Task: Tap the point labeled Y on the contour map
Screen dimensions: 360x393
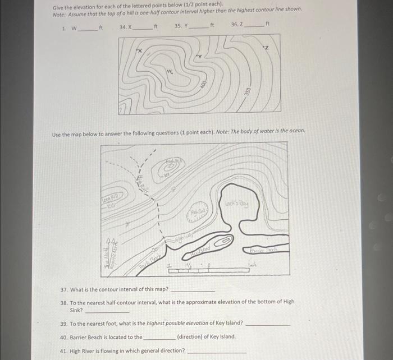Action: [x=198, y=57]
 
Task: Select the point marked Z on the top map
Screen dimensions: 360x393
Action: [x=267, y=48]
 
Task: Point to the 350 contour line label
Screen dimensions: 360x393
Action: [x=246, y=91]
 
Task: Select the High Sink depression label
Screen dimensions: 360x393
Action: [x=198, y=211]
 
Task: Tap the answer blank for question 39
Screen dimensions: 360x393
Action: [x=268, y=324]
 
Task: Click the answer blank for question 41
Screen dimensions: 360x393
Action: [x=216, y=350]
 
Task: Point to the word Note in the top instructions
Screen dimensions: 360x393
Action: [x=59, y=16]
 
